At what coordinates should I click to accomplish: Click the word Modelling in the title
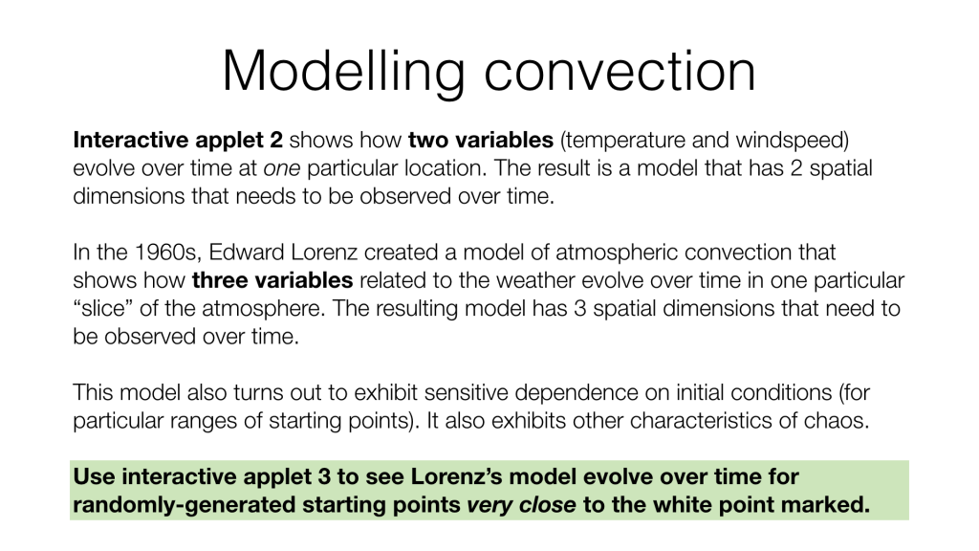point(343,73)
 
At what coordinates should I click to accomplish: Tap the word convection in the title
point(620,73)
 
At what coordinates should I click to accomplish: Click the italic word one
point(282,168)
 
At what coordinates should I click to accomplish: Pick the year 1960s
point(168,253)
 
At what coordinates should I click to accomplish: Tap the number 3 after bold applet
point(324,476)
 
